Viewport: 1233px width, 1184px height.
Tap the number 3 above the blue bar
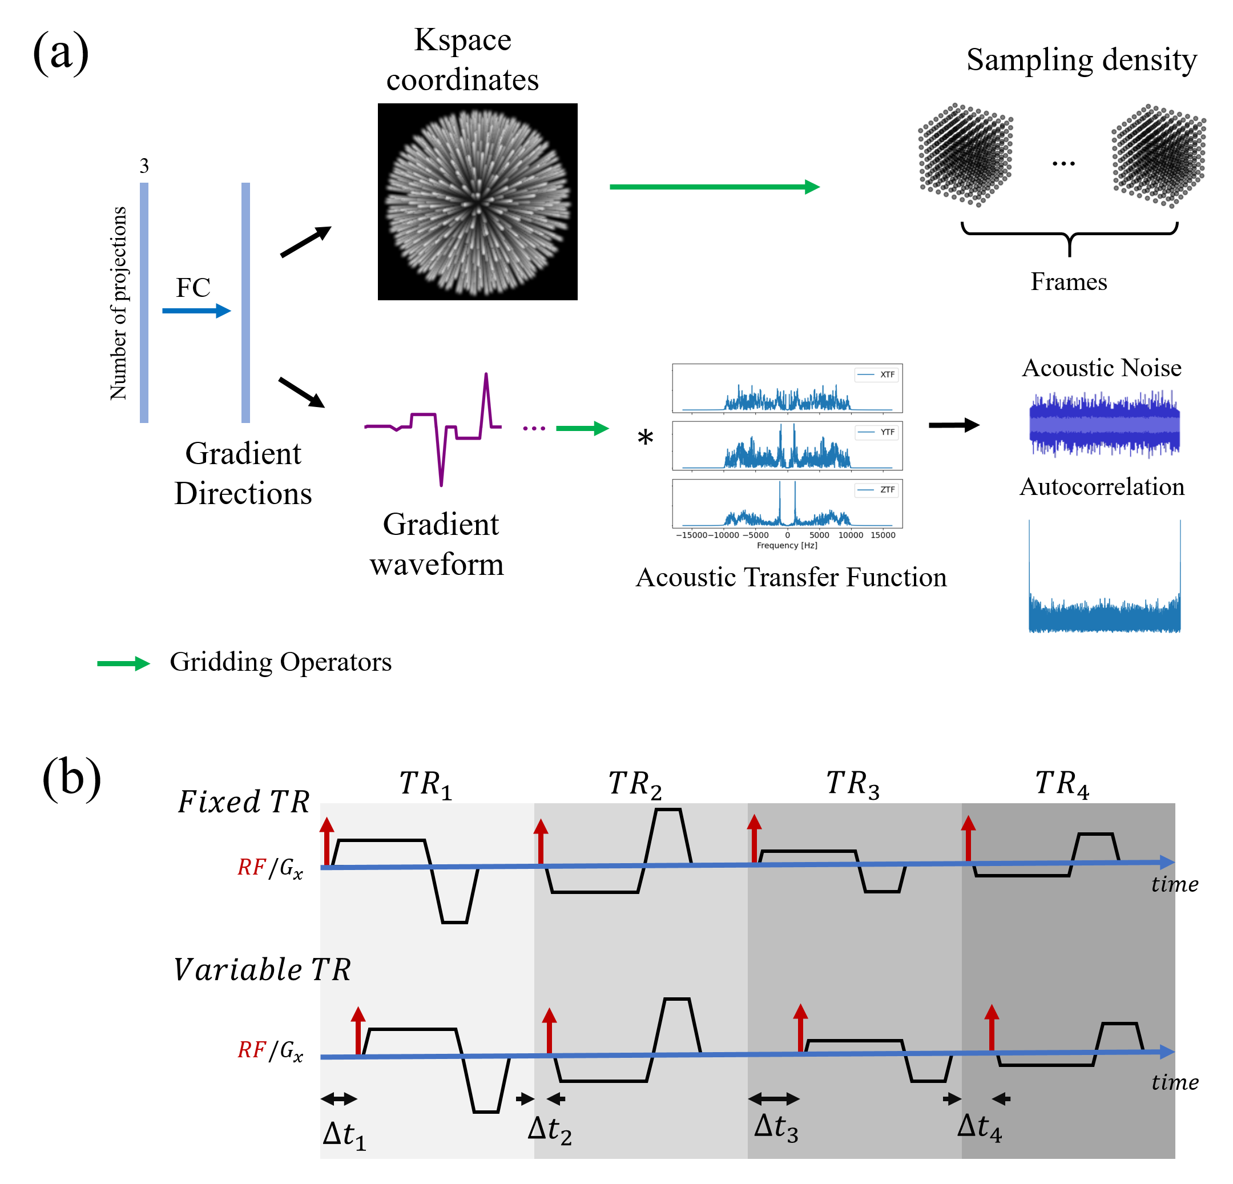[144, 166]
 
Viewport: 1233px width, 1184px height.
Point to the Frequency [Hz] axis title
[787, 545]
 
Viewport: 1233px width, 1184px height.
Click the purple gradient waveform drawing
[434, 428]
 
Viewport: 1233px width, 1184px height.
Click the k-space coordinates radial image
[477, 202]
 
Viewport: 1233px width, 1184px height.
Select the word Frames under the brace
[1069, 282]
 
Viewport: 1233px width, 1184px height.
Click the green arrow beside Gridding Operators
[123, 663]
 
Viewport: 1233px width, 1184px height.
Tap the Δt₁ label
[344, 1134]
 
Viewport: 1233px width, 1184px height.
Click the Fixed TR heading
[243, 802]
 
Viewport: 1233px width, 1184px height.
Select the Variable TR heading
[261, 969]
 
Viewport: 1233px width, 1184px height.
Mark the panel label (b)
[71, 778]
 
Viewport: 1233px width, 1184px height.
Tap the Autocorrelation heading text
[1102, 487]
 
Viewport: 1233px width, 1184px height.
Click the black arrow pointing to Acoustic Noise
[954, 425]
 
